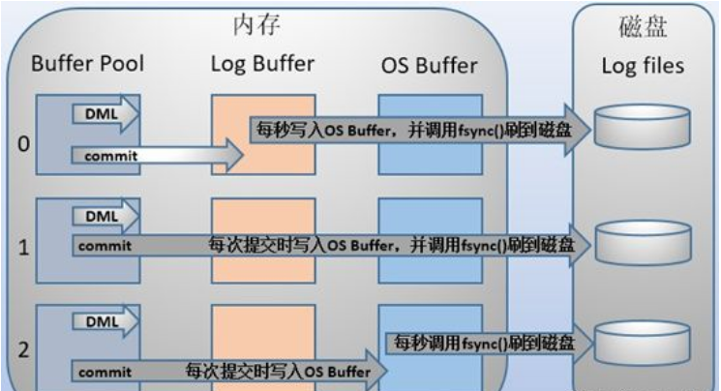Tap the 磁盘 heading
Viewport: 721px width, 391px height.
click(x=643, y=28)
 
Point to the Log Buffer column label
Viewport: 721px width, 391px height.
click(x=261, y=65)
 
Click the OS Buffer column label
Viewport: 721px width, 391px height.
click(x=429, y=66)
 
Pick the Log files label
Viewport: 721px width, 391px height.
click(x=643, y=66)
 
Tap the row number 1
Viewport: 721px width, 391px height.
click(x=24, y=246)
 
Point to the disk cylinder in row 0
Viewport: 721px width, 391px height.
click(x=641, y=126)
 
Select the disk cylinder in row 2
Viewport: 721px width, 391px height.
click(x=641, y=341)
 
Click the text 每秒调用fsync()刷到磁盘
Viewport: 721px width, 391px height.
click(x=480, y=343)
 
